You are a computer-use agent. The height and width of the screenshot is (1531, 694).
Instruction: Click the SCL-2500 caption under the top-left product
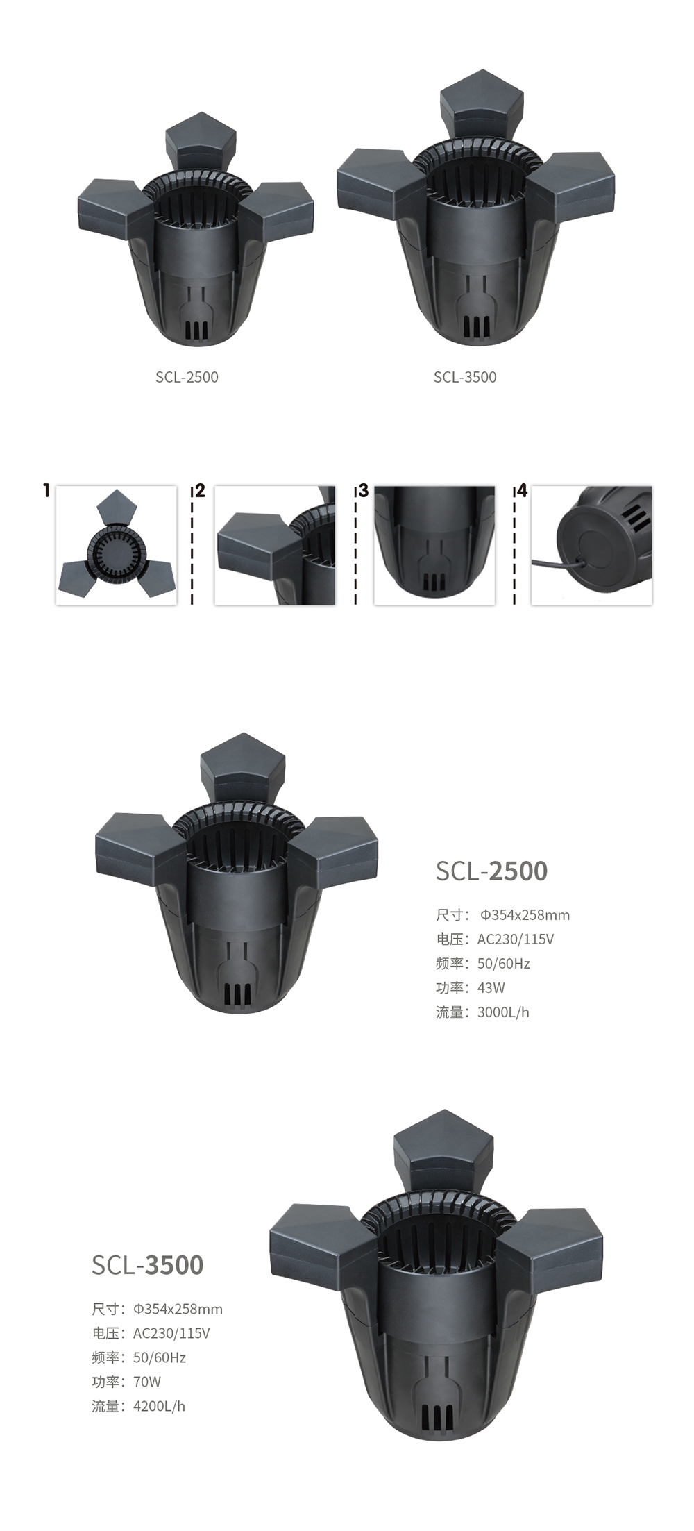[x=187, y=377]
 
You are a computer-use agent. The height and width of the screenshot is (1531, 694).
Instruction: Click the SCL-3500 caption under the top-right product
[x=465, y=377]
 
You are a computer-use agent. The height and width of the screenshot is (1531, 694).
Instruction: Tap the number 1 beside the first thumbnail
[x=46, y=491]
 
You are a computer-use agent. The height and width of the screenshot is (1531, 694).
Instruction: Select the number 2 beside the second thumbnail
[x=201, y=491]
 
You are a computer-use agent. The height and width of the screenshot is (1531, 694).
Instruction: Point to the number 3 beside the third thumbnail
[x=363, y=491]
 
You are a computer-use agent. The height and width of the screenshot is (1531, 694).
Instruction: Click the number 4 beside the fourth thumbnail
[x=522, y=491]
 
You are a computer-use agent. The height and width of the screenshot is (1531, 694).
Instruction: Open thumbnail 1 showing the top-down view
[x=116, y=545]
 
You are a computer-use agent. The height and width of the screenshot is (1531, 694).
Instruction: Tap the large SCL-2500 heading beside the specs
[x=491, y=871]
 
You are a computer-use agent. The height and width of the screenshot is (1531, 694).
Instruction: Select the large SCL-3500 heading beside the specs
[x=148, y=1265]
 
